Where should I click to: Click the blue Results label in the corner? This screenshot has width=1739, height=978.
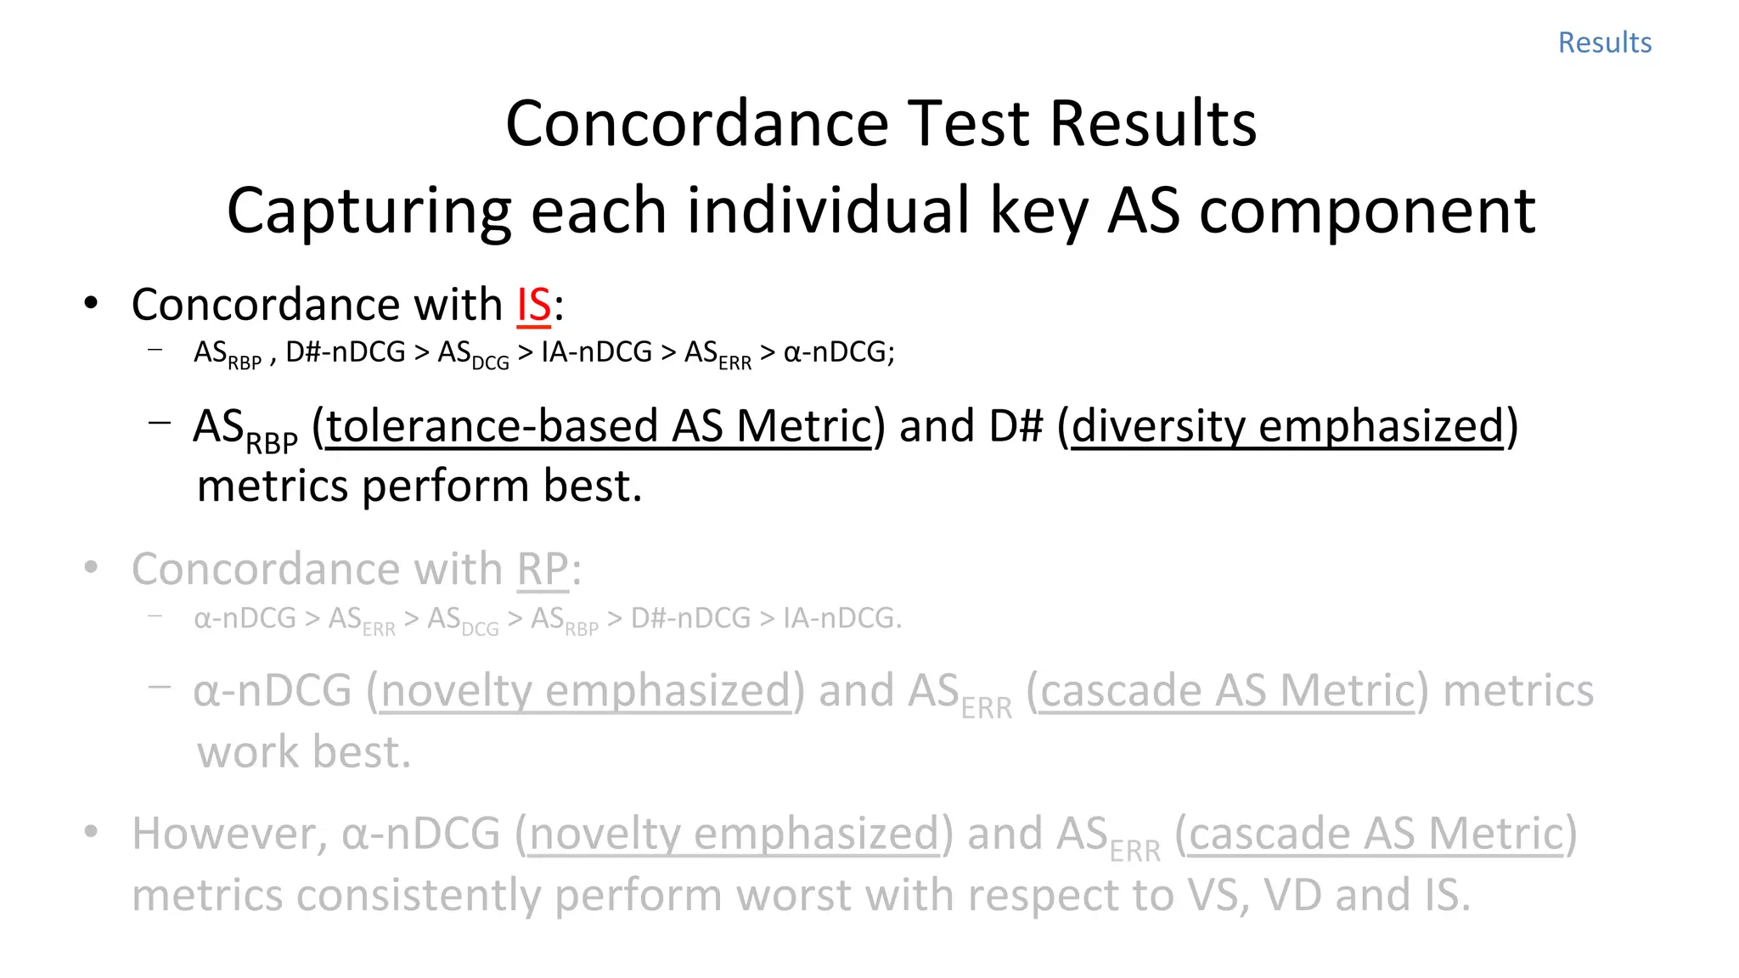point(1604,42)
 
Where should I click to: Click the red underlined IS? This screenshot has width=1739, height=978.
point(534,305)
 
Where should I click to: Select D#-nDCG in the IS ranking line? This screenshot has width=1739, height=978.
point(345,352)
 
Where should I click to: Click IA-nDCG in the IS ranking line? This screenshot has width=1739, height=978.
point(596,352)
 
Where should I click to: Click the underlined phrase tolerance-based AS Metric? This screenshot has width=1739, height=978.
point(599,426)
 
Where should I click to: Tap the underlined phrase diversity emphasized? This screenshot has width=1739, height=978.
point(1287,426)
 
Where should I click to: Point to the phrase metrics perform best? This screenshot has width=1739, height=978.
point(419,486)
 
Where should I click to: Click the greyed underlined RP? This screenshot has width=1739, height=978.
point(543,569)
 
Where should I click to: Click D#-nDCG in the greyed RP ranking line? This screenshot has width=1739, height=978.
point(690,618)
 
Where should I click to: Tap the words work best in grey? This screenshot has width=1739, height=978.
point(304,752)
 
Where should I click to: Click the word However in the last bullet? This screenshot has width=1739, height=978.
point(228,834)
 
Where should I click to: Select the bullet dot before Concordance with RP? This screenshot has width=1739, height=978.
point(91,568)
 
